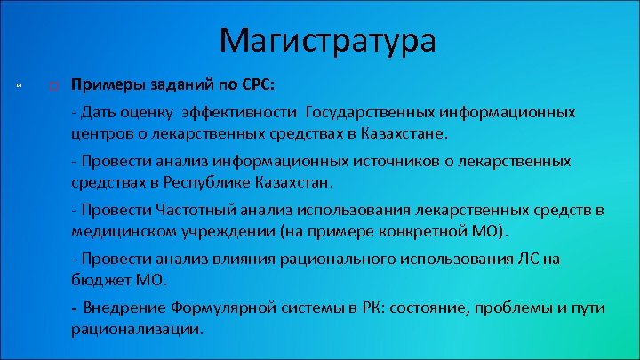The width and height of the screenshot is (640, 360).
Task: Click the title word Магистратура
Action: click(x=327, y=40)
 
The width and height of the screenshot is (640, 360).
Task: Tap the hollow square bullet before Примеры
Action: click(x=54, y=87)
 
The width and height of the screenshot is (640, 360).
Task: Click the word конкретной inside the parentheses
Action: click(x=412, y=232)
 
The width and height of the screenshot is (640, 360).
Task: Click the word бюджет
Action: click(x=98, y=280)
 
